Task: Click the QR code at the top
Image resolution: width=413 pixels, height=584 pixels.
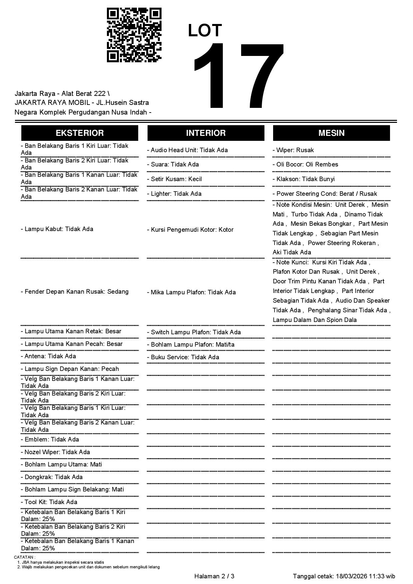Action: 134,35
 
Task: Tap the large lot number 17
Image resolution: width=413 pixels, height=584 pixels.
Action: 238,77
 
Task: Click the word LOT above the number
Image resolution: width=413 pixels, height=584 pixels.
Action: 205,31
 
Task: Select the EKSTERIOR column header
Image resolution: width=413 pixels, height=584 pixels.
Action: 80,133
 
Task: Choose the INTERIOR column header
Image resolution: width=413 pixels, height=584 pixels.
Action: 206,133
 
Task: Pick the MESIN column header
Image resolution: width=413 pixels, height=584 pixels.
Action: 331,133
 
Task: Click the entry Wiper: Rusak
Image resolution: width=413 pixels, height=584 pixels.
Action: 293,150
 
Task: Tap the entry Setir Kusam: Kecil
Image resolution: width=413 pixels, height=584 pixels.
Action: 174,179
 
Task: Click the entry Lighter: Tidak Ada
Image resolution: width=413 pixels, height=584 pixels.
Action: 174,194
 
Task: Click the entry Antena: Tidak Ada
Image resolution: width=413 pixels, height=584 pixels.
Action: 48,356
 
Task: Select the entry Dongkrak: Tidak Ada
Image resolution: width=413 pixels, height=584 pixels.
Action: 52,477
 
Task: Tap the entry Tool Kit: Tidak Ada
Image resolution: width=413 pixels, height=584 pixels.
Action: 49,502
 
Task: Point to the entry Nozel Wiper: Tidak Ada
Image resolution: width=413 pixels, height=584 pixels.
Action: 55,452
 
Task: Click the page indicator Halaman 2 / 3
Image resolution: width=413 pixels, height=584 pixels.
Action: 214,576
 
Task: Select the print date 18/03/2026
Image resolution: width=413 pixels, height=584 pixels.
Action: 351,576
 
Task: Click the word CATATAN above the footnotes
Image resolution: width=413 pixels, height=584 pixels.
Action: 24,557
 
